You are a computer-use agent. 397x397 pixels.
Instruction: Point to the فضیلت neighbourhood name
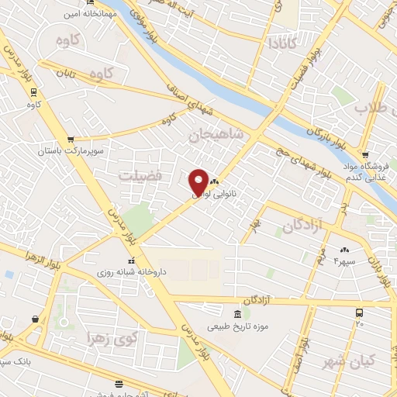click(x=141, y=176)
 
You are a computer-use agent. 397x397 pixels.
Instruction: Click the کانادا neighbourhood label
click(x=279, y=43)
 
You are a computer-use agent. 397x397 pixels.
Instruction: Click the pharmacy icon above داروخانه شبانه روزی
click(x=130, y=261)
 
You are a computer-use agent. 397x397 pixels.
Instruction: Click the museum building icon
click(x=237, y=314)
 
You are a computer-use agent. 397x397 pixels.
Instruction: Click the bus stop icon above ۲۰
click(x=359, y=312)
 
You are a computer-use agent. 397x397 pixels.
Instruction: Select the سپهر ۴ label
click(x=343, y=261)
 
